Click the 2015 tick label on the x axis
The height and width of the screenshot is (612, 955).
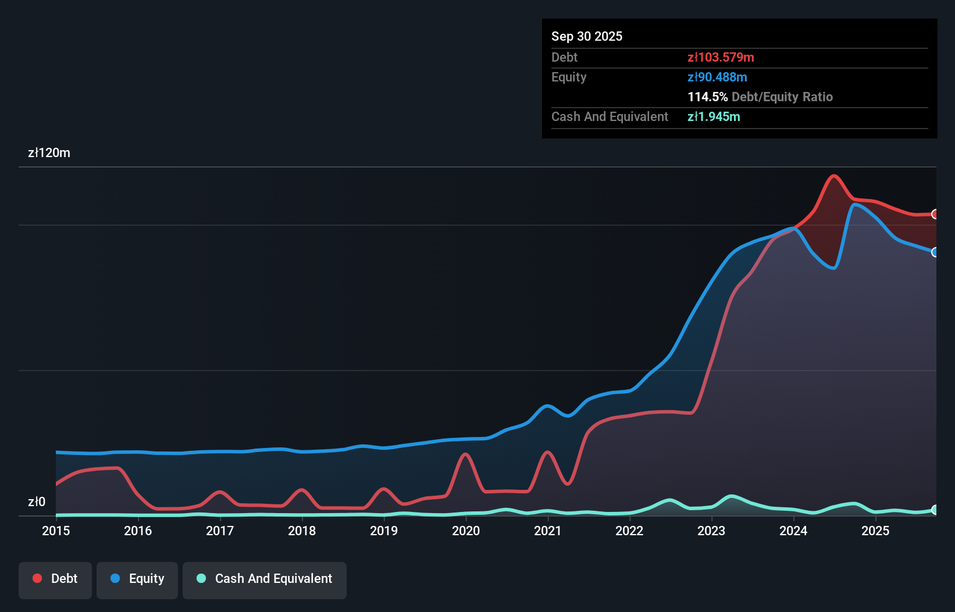coord(56,531)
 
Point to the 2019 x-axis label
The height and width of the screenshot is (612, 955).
coord(384,531)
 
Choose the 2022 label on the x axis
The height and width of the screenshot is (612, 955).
coord(629,531)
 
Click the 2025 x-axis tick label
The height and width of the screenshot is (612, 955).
coord(875,531)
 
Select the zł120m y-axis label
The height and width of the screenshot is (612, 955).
coord(49,153)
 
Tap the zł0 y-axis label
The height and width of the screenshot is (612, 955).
coord(37,501)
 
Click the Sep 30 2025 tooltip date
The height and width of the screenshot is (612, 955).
coord(587,36)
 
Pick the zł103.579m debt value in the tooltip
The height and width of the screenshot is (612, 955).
coord(721,57)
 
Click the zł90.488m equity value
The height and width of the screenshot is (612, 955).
coord(717,77)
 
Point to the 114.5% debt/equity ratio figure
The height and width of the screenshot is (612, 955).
coord(707,97)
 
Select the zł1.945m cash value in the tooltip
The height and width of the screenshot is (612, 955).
coord(714,116)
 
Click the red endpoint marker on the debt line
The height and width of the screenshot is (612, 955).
coord(935,214)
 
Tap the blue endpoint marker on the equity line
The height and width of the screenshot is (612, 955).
coord(935,252)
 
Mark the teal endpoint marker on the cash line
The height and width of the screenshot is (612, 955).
coord(935,510)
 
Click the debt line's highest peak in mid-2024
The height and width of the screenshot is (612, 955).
coord(834,176)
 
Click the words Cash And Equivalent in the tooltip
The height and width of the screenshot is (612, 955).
coord(610,116)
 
